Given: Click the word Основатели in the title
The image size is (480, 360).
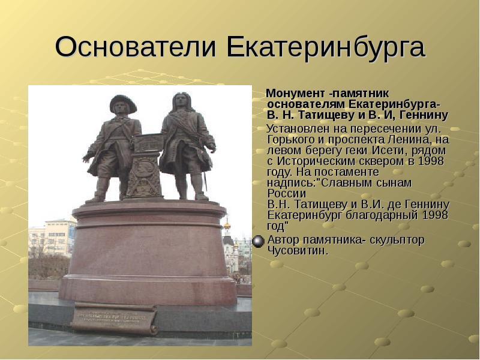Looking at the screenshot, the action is pos(136,47).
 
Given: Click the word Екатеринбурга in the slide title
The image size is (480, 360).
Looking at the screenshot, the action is pos(326,47).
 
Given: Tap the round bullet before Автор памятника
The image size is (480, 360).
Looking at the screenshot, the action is pos(258,241).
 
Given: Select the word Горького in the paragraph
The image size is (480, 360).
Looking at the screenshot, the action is pos(292,140).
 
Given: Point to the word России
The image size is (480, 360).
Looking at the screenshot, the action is pos(287,193).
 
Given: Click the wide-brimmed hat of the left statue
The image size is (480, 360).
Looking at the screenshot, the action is pos(123,103).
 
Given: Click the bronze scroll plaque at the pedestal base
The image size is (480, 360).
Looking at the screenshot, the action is pos(115,318).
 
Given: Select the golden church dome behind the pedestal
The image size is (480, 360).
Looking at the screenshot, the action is pos(227,226).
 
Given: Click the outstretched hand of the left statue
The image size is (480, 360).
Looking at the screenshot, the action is pos(87,157).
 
